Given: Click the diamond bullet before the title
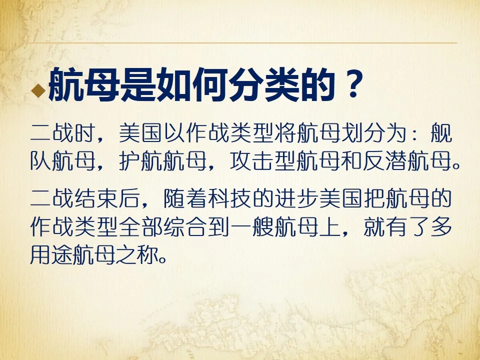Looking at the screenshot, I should pyautogui.click(x=36, y=90).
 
